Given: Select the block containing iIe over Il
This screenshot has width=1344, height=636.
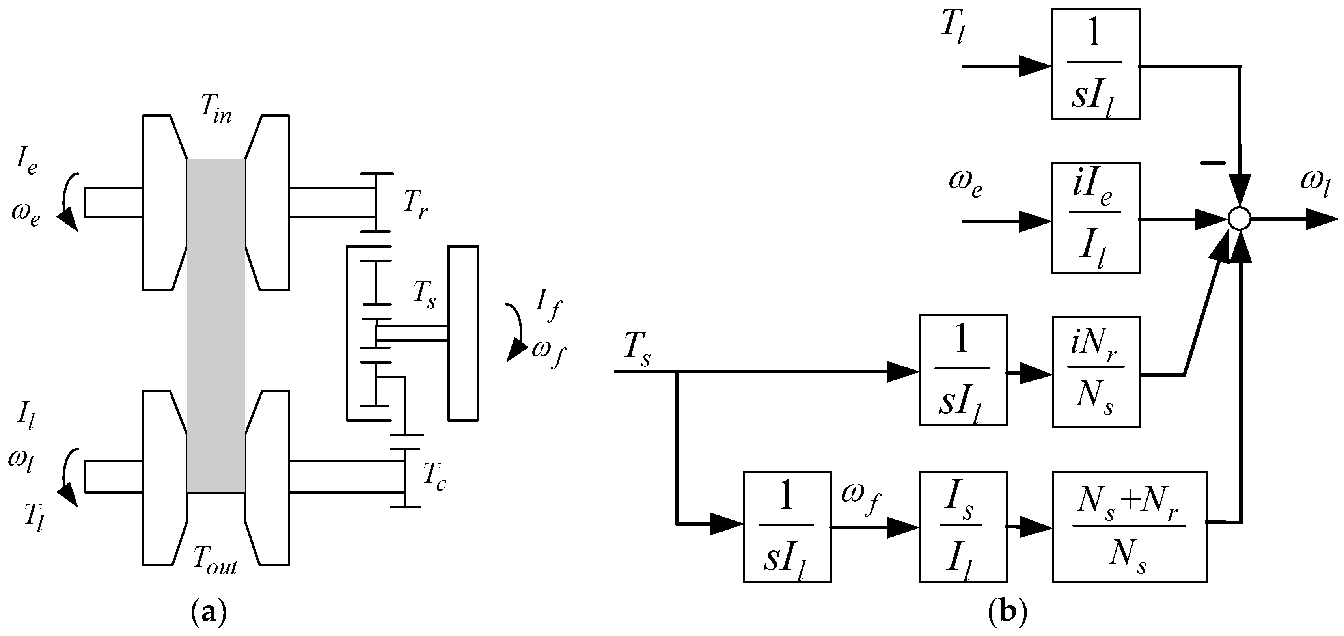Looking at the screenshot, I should (x=1095, y=218).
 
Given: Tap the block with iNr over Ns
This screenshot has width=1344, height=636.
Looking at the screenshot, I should (x=1096, y=372).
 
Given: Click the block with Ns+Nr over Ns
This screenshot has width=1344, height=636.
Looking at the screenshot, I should (x=1129, y=526).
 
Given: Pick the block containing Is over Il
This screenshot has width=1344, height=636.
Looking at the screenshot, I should (x=963, y=526).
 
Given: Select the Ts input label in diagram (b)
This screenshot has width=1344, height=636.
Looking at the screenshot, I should (x=637, y=351).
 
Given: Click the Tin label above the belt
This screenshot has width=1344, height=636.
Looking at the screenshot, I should (x=216, y=110).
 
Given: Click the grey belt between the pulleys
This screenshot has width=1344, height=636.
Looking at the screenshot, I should (x=216, y=326).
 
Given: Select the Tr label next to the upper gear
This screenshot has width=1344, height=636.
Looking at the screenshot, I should (x=415, y=205).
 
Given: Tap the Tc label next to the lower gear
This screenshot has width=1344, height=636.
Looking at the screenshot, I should (x=434, y=478).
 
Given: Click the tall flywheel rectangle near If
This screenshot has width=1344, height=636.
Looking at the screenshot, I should (x=463, y=333).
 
